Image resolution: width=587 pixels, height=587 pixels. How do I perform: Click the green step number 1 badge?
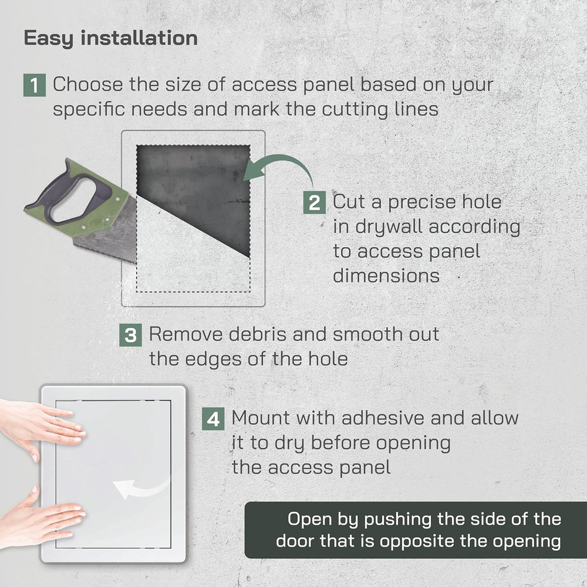click(x=35, y=85)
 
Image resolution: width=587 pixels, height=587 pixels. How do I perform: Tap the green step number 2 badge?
click(x=315, y=203)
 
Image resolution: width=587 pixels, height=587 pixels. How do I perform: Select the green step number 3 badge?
click(x=130, y=335)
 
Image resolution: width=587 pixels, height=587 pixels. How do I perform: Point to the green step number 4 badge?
click(x=213, y=419)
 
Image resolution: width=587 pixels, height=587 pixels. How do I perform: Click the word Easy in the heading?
click(x=49, y=39)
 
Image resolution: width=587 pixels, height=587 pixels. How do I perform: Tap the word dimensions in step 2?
click(x=386, y=276)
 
